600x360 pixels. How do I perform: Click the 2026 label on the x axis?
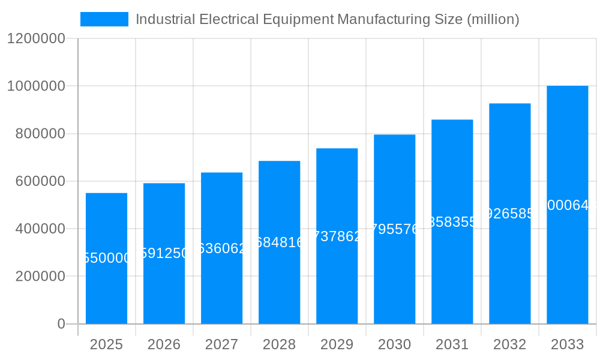(164, 344)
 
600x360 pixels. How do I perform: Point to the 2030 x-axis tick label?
(394, 344)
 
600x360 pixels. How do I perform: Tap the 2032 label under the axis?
(509, 344)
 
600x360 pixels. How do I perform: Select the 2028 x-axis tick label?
(279, 344)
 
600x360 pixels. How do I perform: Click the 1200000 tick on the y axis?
(35, 38)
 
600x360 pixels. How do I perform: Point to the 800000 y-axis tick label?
(40, 134)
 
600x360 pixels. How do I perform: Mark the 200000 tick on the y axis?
(40, 277)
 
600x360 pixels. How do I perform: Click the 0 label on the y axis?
(61, 324)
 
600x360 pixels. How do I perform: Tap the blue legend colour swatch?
(104, 19)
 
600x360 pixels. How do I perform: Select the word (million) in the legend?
(493, 19)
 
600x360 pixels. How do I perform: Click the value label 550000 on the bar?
(106, 258)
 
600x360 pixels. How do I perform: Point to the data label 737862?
(337, 236)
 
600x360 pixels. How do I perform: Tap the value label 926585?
(509, 214)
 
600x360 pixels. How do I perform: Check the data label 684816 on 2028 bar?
(279, 242)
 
